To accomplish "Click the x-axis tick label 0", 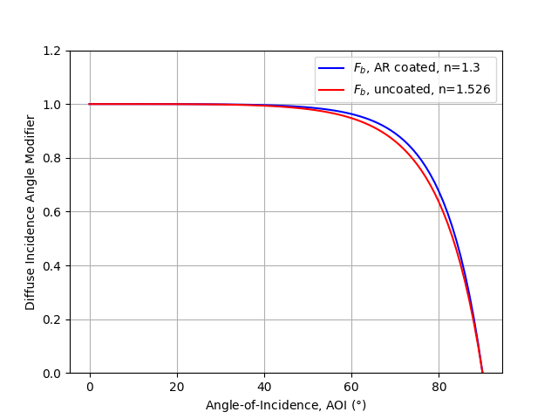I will pyautogui.click(x=90, y=386).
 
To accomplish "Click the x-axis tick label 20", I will pyautogui.click(x=177, y=386).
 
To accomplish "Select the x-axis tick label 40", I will pyautogui.click(x=264, y=386).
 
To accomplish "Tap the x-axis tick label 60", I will pyautogui.click(x=351, y=386).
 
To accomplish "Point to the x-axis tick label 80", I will pyautogui.click(x=439, y=386).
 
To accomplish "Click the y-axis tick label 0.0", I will pyautogui.click(x=53, y=374).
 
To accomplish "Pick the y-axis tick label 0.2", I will pyautogui.click(x=53, y=319).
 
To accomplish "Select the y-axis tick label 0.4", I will pyautogui.click(x=53, y=265).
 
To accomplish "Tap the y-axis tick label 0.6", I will pyautogui.click(x=53, y=212).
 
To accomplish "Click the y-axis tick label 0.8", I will pyautogui.click(x=53, y=158).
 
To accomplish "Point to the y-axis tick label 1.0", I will pyautogui.click(x=53, y=105).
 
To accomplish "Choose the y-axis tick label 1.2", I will pyautogui.click(x=53, y=51).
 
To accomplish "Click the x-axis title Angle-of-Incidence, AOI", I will pyautogui.click(x=286, y=405).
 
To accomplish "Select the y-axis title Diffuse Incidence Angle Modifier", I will pyautogui.click(x=31, y=212).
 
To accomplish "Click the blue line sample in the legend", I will pyautogui.click(x=332, y=68).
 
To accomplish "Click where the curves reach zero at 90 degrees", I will pyautogui.click(x=482, y=373).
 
